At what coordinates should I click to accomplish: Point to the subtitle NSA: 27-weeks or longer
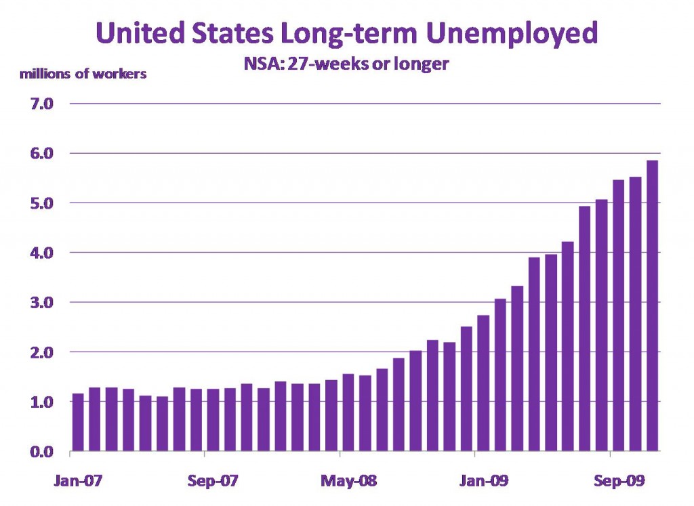[x=346, y=66]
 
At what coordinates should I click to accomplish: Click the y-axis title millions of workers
[x=83, y=74]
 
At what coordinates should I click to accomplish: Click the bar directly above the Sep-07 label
[x=213, y=420]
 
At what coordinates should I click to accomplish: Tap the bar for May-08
[x=348, y=413]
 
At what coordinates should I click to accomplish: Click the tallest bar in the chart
[x=653, y=305]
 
